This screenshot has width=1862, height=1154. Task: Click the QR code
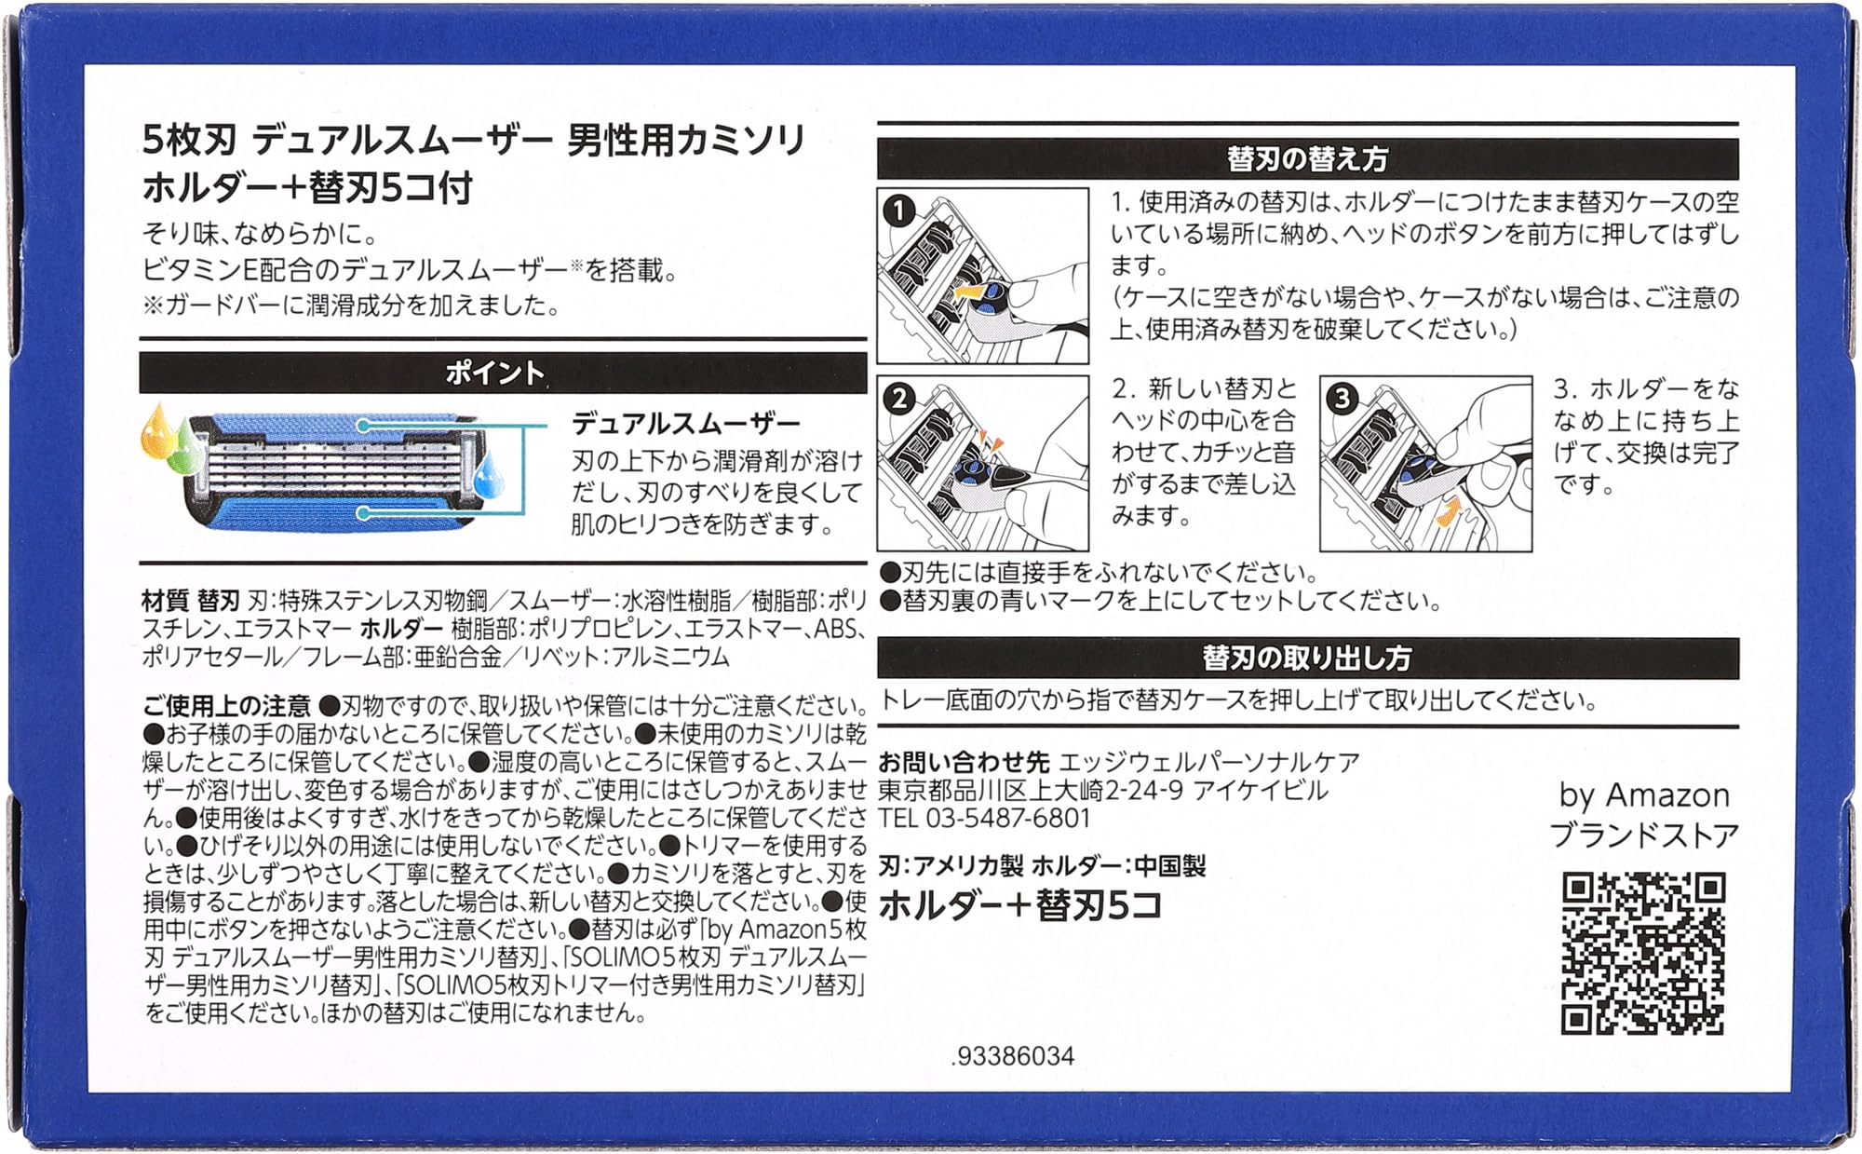coord(1643,954)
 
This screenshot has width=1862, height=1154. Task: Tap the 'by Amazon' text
coord(1644,795)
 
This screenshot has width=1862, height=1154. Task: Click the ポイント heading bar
coord(503,373)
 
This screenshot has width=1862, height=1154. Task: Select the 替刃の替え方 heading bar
coord(1308,159)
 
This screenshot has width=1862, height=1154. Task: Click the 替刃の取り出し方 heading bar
coord(1308,658)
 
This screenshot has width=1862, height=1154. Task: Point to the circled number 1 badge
coord(898,210)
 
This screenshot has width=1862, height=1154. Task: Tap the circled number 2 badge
coord(898,399)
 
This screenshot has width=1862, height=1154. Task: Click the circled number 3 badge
coord(1342,399)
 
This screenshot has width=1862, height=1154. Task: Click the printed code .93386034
coord(1013,1056)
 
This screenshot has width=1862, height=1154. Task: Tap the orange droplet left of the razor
coord(155,428)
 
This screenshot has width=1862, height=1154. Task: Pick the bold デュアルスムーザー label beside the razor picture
coord(686,424)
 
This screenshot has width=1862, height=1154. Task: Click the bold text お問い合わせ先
coord(964,763)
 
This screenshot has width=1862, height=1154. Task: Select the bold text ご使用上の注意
coord(226,706)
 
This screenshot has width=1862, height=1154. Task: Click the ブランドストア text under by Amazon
coord(1644,835)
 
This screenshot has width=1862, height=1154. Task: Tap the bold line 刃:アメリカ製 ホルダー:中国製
coord(1042,866)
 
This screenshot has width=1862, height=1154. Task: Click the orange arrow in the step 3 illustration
coord(1446,510)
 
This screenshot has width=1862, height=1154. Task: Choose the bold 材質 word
coord(166,602)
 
